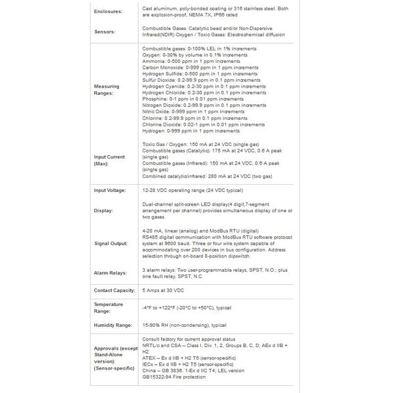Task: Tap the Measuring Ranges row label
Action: click(107, 90)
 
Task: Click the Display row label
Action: click(104, 211)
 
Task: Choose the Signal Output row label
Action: click(111, 244)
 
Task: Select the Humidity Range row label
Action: click(114, 325)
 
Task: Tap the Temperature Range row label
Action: click(109, 307)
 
